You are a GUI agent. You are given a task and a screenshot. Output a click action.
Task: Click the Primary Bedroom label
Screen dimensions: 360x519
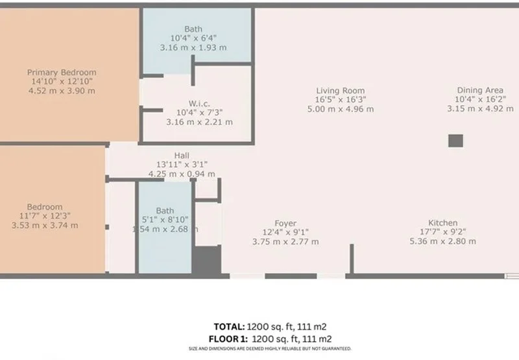[x=61, y=72]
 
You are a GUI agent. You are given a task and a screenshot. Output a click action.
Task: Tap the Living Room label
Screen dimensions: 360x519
[x=340, y=90]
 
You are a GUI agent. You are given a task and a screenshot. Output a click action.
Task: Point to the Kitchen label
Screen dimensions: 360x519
[x=442, y=222]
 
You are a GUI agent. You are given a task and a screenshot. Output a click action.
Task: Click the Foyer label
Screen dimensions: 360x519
[x=285, y=222]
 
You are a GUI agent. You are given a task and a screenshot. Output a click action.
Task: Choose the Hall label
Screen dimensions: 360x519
[x=182, y=155]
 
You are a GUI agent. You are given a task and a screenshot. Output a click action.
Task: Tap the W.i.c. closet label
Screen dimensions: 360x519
[x=199, y=103]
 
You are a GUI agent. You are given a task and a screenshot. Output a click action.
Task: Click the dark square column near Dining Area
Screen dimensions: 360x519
[x=455, y=141]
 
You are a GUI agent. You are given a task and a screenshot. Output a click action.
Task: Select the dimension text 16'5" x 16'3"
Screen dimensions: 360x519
[x=340, y=99]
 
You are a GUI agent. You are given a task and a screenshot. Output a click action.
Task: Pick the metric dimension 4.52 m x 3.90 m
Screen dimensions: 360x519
[x=61, y=91]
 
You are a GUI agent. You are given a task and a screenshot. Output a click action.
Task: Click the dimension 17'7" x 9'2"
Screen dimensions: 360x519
[x=442, y=232]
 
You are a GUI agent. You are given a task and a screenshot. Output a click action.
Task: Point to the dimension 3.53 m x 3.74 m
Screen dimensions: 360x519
[x=45, y=225]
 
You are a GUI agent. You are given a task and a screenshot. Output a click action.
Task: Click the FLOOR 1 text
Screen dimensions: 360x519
[x=226, y=339]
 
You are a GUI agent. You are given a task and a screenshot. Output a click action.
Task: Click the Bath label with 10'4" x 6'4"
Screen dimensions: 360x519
[x=193, y=29]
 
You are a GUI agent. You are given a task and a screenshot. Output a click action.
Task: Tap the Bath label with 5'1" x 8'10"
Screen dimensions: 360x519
[x=165, y=210]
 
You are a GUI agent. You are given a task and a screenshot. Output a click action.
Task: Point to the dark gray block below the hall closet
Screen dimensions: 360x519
[x=207, y=261]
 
